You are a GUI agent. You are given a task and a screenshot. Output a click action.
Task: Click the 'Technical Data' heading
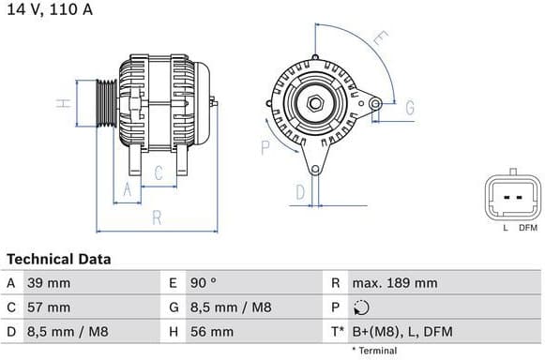[58, 259]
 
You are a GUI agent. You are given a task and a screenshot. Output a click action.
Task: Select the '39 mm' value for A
[51, 283]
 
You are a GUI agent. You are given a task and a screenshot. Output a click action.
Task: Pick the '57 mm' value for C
[51, 307]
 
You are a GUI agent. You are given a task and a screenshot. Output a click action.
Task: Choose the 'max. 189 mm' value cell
[395, 283]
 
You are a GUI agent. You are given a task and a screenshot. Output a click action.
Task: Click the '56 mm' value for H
[214, 332]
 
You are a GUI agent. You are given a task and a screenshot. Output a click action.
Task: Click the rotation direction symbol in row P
[363, 307]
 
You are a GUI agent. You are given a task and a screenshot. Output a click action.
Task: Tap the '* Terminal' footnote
[373, 351]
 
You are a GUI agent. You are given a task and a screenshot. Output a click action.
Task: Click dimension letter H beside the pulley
[62, 103]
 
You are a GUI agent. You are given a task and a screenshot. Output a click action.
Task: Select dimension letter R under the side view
[157, 217]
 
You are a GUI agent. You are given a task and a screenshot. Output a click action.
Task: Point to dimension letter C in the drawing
[159, 172]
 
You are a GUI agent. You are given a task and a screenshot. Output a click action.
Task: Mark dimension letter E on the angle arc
[379, 39]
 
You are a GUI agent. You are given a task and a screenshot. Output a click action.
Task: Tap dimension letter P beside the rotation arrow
[265, 147]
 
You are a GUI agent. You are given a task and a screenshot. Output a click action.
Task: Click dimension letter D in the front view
[300, 192]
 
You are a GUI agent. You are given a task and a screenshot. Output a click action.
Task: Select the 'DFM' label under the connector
[528, 228]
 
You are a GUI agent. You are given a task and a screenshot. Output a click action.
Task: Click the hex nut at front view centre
[314, 101]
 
